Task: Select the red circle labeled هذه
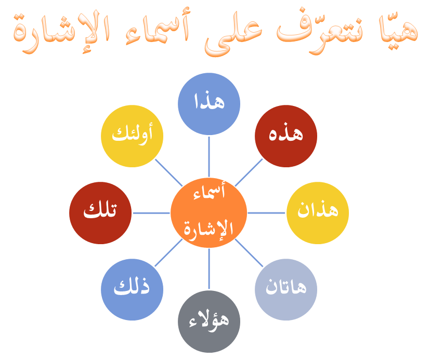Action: pyautogui.click(x=286, y=136)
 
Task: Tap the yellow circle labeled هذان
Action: pyautogui.click(x=317, y=212)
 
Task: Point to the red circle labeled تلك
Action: pyautogui.click(x=100, y=212)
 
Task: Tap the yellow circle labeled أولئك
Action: pyautogui.click(x=132, y=136)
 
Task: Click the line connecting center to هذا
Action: pyautogui.click(x=209, y=156)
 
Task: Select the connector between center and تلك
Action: pyautogui.click(x=151, y=213)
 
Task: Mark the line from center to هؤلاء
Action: pyautogui.click(x=209, y=270)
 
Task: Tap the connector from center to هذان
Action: pyautogui.click(x=266, y=213)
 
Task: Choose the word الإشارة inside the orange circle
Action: pyautogui.click(x=208, y=229)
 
